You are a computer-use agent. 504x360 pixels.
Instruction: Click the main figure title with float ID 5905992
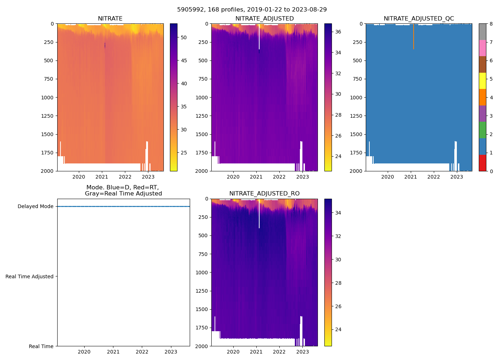252,10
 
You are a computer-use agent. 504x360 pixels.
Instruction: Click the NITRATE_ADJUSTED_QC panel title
419,19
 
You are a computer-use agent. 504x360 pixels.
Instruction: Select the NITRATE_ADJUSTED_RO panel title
264,194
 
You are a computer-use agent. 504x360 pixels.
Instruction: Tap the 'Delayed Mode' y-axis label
35,207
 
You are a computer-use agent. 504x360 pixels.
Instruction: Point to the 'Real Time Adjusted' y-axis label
30,276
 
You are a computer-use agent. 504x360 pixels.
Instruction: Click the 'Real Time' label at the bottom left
41,346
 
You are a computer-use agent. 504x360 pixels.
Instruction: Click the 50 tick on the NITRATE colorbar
184,37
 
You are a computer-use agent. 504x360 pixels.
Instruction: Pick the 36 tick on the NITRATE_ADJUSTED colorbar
338,32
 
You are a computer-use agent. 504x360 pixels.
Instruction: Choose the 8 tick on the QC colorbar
491,24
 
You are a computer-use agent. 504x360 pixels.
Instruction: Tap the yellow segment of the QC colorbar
482,81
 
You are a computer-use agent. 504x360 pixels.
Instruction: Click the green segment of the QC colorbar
482,130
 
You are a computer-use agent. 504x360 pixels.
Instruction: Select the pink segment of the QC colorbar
482,48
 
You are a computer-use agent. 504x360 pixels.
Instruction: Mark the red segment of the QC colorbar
482,163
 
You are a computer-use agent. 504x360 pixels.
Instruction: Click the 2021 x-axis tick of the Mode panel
113,352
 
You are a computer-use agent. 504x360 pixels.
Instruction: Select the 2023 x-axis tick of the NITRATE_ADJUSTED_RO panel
302,352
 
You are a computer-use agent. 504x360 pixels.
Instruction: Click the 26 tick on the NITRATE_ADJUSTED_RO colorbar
338,306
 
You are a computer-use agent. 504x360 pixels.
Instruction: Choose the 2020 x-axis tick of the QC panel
387,177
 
